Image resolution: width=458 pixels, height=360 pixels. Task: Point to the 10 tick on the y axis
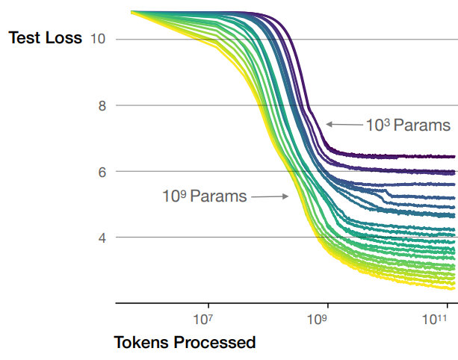point(97,38)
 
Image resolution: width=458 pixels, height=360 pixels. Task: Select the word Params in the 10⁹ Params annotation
point(218,197)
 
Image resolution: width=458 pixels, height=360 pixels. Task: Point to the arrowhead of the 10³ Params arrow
point(328,124)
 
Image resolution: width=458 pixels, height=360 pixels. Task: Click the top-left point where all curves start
point(131,12)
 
